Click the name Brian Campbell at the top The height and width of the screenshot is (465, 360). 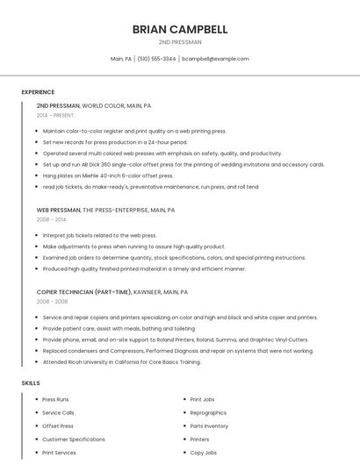point(180,29)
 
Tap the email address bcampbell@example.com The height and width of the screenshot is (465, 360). point(215,59)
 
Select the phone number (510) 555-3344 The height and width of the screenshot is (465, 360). point(156,59)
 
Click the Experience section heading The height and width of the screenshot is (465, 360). point(38,92)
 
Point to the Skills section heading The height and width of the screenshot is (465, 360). point(31,383)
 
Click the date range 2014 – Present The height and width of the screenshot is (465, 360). point(55,115)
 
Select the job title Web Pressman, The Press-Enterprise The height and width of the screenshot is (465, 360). point(105,211)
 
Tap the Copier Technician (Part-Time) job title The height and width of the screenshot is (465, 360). point(112,291)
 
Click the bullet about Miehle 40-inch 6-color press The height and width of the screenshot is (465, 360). point(108,175)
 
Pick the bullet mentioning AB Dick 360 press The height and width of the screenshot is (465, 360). point(184,164)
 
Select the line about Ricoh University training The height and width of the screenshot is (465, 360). point(122,361)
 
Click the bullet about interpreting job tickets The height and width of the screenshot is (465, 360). point(99,235)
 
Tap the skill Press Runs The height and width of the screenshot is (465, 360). point(55,399)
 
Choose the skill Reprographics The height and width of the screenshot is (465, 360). point(208,412)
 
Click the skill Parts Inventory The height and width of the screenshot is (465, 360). point(209,426)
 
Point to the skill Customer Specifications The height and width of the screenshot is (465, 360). point(74,440)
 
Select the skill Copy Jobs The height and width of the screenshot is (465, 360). point(204,453)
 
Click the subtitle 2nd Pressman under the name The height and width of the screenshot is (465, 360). point(180,42)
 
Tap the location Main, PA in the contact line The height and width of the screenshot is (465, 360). point(121,59)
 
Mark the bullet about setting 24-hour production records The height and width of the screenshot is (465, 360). point(115,141)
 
